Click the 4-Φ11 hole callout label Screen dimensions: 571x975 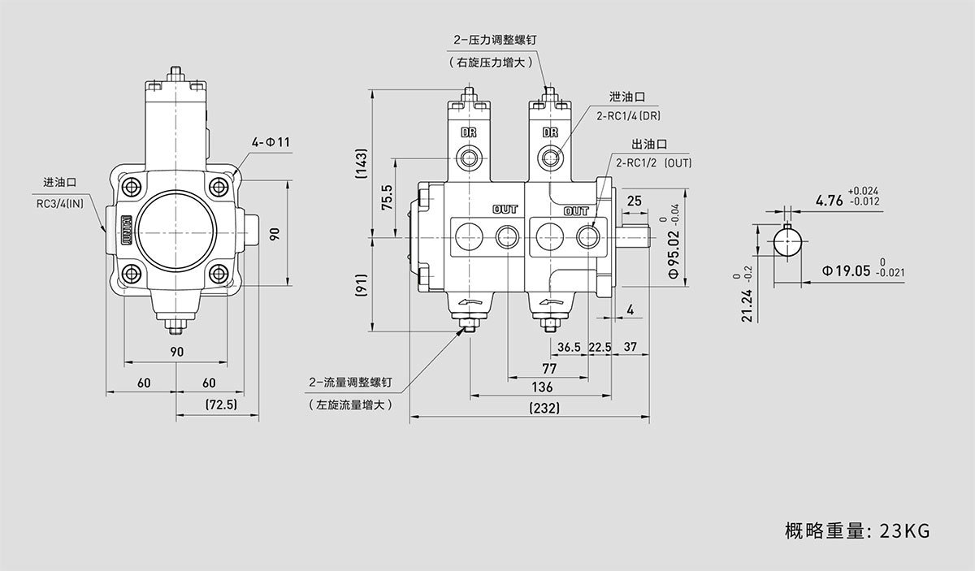pos(271,143)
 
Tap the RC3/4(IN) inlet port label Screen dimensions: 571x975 pos(60,203)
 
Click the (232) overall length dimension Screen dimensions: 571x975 pos(543,409)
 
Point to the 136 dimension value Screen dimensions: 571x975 pos(542,387)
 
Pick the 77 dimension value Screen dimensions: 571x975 pos(549,368)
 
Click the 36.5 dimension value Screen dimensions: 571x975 pos(570,347)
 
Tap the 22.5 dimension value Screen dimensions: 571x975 pos(600,347)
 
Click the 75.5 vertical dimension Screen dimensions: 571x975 pos(387,198)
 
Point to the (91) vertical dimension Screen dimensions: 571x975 pos(362,285)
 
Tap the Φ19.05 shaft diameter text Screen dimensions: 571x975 pos(845,270)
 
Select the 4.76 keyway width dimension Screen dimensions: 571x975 pos(829,198)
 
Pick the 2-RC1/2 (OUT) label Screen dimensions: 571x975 pos(653,163)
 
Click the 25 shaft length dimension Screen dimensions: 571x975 pos(635,200)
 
